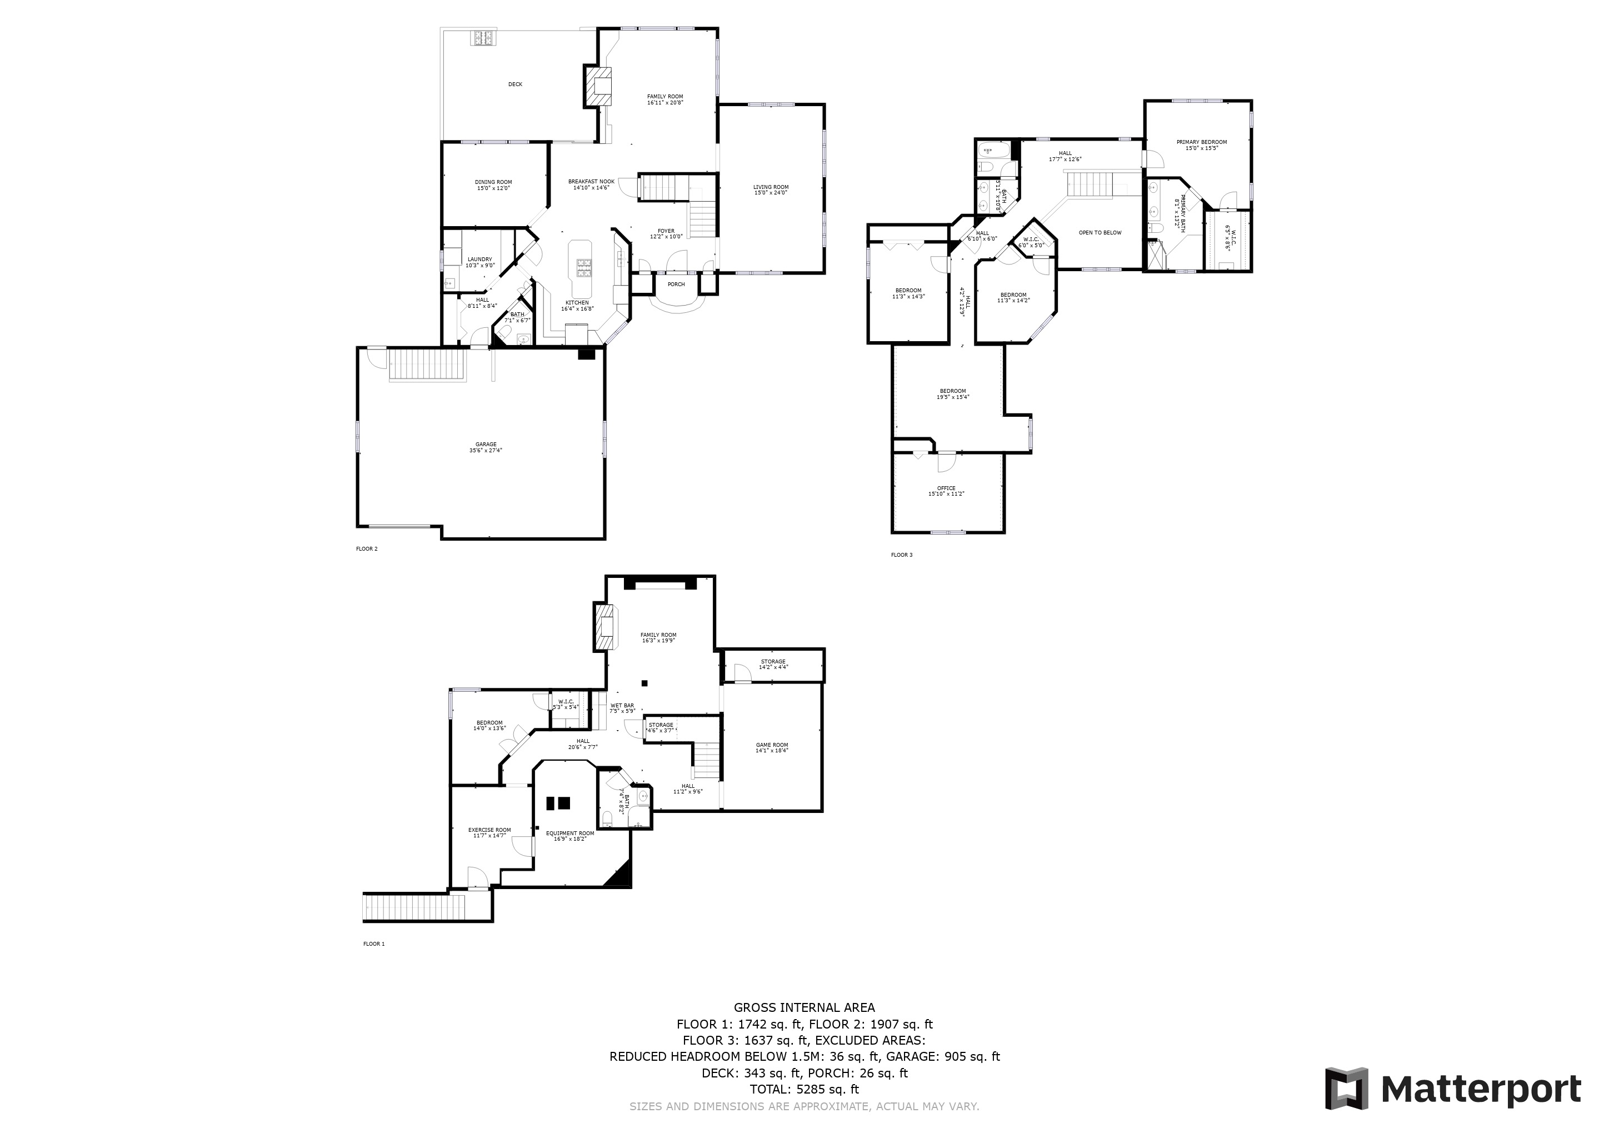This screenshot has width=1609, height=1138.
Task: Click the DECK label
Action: [515, 84]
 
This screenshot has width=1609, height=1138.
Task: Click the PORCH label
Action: [676, 284]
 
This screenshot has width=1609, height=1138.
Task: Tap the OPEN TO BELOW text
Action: [1100, 233]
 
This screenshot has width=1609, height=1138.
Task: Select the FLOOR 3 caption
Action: [901, 555]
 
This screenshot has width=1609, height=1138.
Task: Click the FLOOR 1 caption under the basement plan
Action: [373, 944]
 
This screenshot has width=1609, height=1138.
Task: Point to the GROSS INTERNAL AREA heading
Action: [804, 1007]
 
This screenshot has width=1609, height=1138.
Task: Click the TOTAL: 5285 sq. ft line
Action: [804, 1089]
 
